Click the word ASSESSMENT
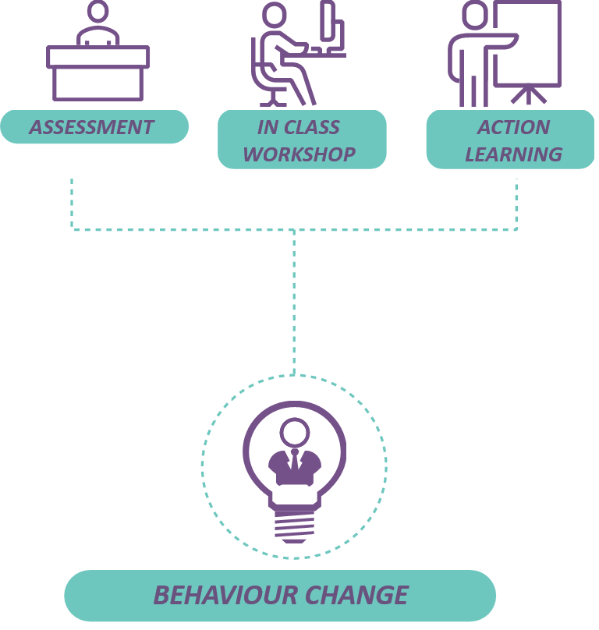pyautogui.click(x=91, y=127)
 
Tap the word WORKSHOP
pyautogui.click(x=299, y=154)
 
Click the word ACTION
pyautogui.click(x=513, y=127)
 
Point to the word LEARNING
pyautogui.click(x=513, y=154)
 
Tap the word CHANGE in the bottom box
pyautogui.click(x=356, y=595)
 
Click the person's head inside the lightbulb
pyautogui.click(x=295, y=431)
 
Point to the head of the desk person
pyautogui.click(x=97, y=11)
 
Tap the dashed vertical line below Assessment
pyautogui.click(x=72, y=203)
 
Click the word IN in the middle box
pyautogui.click(x=268, y=127)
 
